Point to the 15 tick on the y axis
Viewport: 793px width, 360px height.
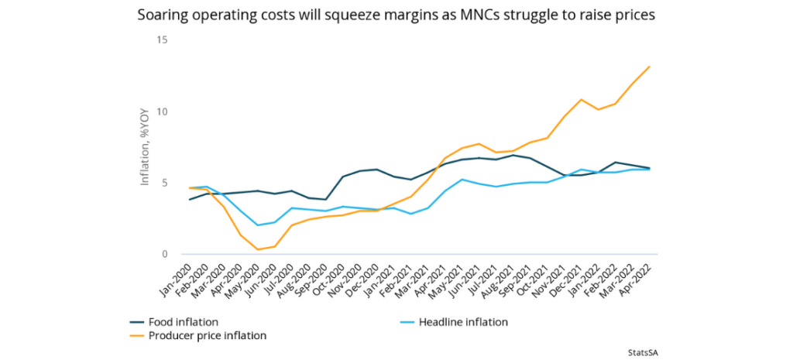[x=162, y=40]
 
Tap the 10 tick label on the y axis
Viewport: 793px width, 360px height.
[x=162, y=111]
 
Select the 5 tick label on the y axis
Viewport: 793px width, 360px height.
[x=164, y=183]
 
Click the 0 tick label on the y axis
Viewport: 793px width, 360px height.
[x=164, y=254]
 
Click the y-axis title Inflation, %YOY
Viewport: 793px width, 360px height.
[x=144, y=147]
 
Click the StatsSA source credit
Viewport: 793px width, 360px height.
[x=646, y=351]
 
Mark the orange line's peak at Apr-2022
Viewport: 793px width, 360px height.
[x=649, y=67]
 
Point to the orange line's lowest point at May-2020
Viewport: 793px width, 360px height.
[x=258, y=249]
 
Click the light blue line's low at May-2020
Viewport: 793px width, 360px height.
[x=258, y=225]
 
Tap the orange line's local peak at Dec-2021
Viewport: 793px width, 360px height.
[x=581, y=100]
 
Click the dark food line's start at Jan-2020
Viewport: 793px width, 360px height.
[x=190, y=200]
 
